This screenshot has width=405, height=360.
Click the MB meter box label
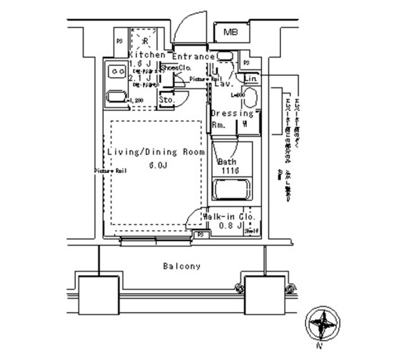tap(230, 32)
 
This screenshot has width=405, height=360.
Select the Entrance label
tap(193, 56)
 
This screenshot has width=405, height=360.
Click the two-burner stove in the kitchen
tap(116, 72)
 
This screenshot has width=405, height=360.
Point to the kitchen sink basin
tap(116, 97)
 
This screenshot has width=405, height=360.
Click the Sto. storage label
tap(167, 100)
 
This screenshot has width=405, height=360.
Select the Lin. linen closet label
tap(250, 79)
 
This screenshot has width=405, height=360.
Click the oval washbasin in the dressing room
tap(250, 98)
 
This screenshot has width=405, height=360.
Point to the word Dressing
tap(232, 113)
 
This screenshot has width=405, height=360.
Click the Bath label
tap(227, 162)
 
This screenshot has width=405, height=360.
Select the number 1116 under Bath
tap(229, 170)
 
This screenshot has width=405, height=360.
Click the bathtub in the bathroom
tap(232, 190)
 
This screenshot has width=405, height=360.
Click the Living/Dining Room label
tap(156, 152)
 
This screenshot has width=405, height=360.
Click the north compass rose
tap(323, 324)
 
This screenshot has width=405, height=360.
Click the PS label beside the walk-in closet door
tap(201, 234)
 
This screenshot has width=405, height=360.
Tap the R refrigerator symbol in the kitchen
tap(144, 41)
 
